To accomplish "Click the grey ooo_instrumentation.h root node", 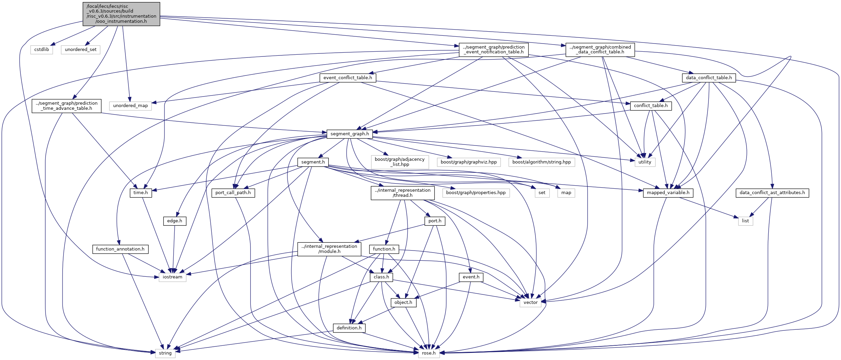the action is coord(121,14).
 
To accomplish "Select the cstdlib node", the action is coord(42,50).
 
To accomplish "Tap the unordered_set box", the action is coord(81,50).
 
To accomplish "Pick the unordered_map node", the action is coord(130,106).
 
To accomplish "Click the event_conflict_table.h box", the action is coord(348,78).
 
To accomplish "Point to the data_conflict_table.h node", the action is coord(709,78).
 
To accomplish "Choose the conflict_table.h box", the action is coord(651,106).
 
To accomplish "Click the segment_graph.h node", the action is coord(350,134).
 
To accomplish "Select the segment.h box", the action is coord(313,162).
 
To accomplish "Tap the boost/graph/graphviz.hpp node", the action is coord(469,162).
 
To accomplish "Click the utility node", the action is coord(645,162).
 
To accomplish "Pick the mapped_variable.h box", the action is coord(668,193).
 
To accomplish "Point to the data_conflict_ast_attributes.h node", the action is coord(772,193).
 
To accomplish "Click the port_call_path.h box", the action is coord(233,193).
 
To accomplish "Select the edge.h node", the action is coord(175,221).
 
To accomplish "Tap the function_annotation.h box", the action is coord(120,249).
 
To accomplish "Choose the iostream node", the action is coord(173,277).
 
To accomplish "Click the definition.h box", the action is coord(349,328).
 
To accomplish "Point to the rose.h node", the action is coord(429,353).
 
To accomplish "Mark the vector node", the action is coord(530,303).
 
